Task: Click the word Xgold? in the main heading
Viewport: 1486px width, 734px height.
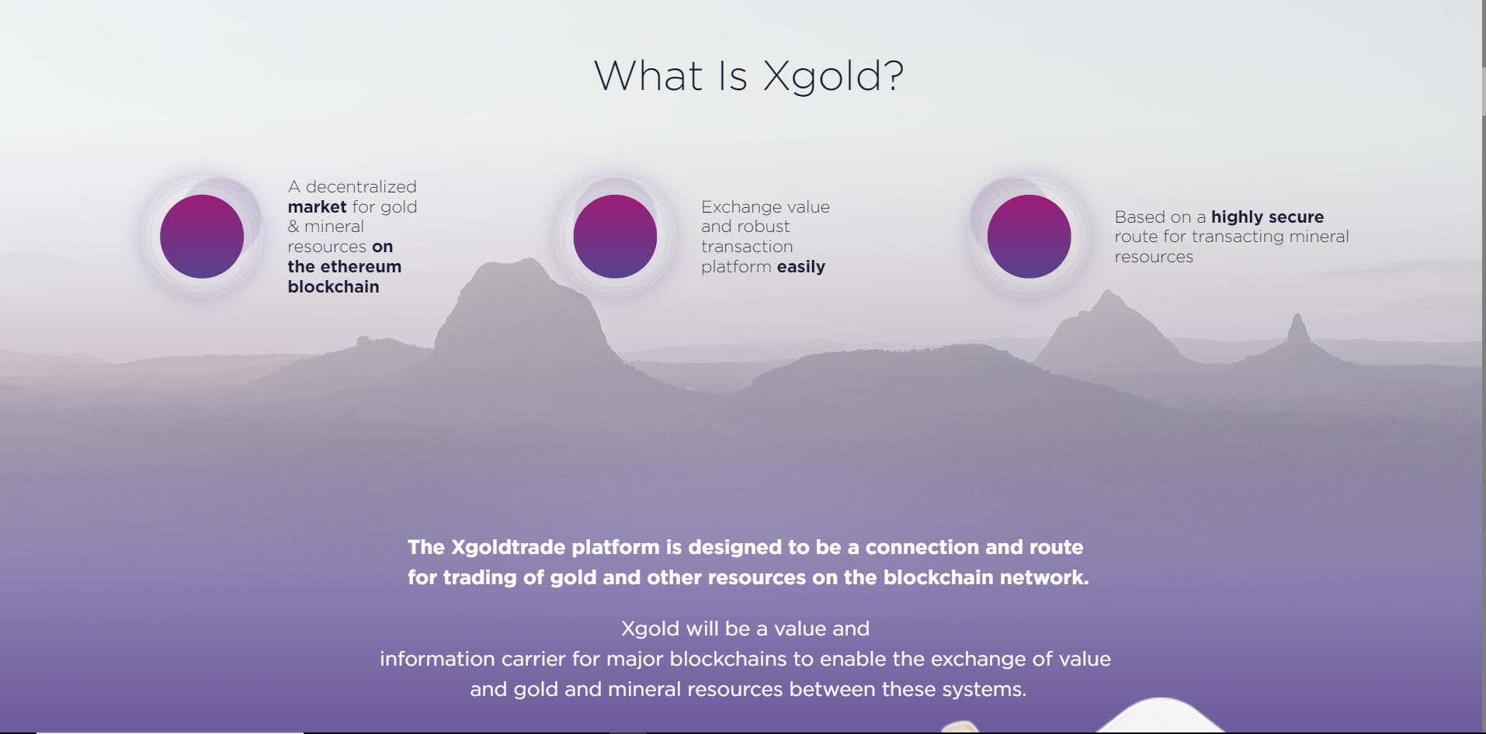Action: click(x=833, y=77)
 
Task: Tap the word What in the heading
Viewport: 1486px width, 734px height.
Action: click(x=648, y=76)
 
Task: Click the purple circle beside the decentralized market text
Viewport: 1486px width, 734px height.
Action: click(x=202, y=237)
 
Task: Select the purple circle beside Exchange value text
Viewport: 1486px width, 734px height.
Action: click(x=615, y=237)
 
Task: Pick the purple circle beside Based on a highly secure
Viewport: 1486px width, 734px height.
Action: click(x=1029, y=237)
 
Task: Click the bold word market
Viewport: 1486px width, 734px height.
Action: click(x=317, y=207)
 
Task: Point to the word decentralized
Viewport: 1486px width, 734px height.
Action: click(x=361, y=187)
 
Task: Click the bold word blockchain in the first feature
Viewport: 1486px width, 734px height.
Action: click(x=333, y=287)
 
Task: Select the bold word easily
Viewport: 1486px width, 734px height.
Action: click(x=801, y=268)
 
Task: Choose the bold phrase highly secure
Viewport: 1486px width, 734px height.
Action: click(x=1267, y=217)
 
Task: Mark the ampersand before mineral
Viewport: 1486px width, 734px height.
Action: click(x=293, y=227)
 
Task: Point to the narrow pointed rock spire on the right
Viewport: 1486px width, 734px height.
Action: click(x=1297, y=330)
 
